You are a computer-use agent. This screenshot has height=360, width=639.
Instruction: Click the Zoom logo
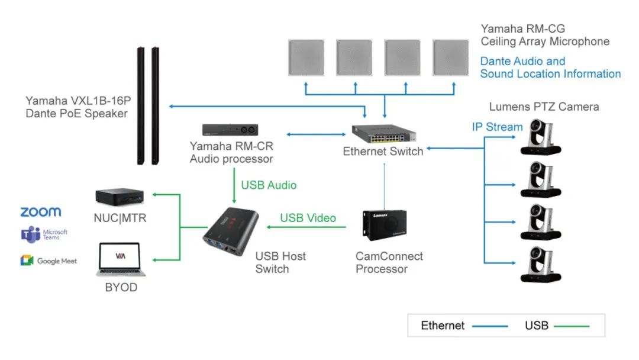pos(40,212)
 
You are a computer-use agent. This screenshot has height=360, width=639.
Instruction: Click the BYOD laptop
pos(121,259)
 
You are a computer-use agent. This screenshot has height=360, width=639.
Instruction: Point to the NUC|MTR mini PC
pos(120,195)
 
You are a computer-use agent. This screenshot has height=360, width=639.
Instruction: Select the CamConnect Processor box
pos(384,226)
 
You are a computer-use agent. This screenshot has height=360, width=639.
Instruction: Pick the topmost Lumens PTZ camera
pos(541,137)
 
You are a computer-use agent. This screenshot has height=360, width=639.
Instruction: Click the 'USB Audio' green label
pos(269,185)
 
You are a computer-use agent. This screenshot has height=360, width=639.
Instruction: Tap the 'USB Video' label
pos(308,218)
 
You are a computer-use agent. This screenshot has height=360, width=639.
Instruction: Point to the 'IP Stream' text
pos(497,127)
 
